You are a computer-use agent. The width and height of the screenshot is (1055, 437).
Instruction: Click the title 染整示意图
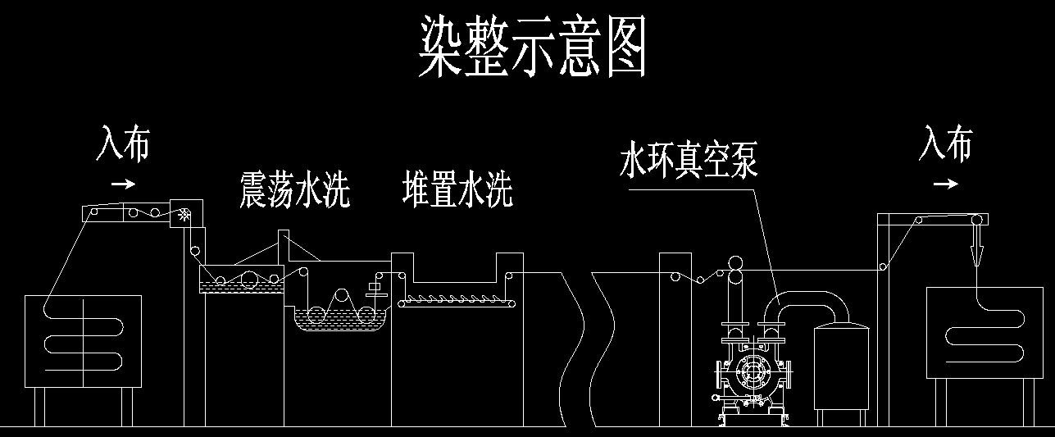[x=532, y=48]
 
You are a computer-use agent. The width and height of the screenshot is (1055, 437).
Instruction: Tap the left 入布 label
[x=124, y=143]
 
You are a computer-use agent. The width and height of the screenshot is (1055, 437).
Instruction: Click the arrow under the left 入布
[x=123, y=184]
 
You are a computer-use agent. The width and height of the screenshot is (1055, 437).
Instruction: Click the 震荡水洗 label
[x=294, y=189]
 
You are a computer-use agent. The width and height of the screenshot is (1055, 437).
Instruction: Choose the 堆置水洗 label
[x=457, y=188]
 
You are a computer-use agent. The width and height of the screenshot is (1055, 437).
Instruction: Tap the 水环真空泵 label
[x=688, y=161]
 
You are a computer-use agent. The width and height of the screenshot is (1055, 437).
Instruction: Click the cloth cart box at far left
[x=83, y=341]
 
